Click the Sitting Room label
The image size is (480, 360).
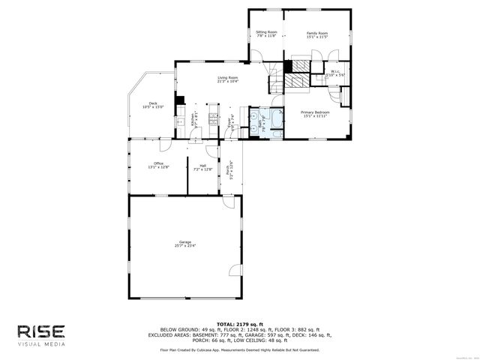(266, 32)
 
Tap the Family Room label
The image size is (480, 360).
(317, 32)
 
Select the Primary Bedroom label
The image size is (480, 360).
(316, 112)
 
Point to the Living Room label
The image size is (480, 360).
(228, 77)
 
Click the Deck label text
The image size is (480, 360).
(153, 103)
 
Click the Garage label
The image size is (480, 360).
(185, 241)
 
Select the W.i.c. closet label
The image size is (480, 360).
(335, 72)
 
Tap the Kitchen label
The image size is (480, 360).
(192, 121)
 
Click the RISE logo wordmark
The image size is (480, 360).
(40, 331)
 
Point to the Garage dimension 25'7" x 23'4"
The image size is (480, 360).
(185, 246)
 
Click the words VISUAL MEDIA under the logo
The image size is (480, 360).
(40, 344)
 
